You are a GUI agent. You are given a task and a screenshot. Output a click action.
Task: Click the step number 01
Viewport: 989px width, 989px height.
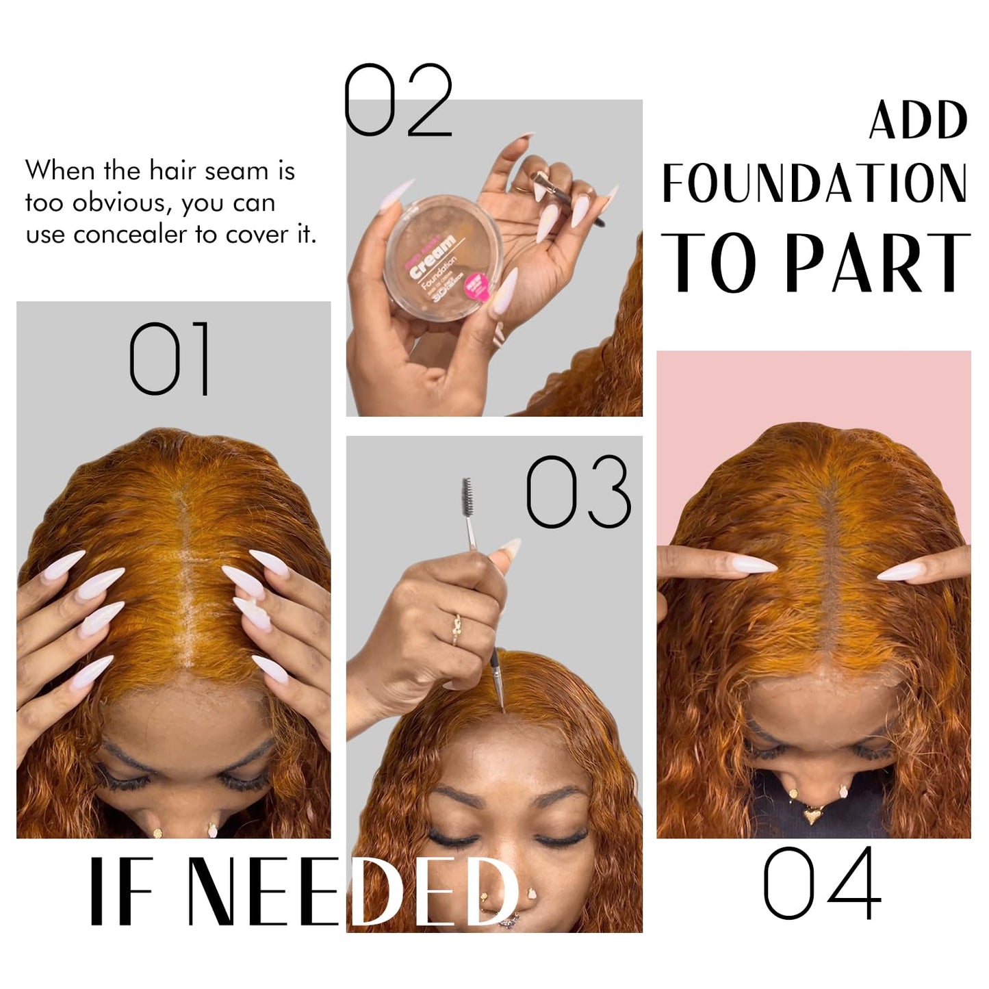point(170,359)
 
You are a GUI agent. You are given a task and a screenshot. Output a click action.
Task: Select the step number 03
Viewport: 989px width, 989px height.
point(578,491)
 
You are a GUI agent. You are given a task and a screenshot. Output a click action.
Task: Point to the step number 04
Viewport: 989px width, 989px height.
point(822,883)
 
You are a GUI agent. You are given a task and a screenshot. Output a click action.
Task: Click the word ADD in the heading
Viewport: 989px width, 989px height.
point(918,120)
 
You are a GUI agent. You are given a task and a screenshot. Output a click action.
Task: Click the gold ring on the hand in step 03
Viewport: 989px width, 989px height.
point(457,628)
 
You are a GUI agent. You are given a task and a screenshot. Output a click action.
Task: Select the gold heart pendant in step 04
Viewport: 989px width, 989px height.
point(813,815)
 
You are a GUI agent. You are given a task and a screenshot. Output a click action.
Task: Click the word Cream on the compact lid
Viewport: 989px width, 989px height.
point(433,257)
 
